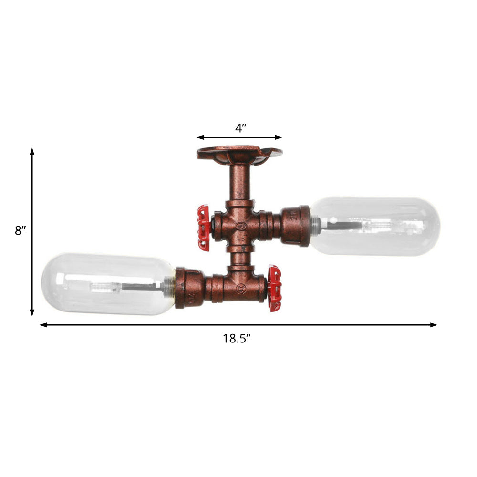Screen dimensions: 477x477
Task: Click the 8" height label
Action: [x=20, y=231]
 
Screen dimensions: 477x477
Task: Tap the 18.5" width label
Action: [x=237, y=339]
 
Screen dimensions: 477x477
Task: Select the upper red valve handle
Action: [x=204, y=228]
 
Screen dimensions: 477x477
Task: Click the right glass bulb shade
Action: [x=375, y=226]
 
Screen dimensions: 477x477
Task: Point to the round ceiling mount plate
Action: [x=239, y=154]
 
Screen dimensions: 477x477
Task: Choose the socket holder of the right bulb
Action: [x=296, y=226]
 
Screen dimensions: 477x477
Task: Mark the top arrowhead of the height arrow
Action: [x=32, y=151]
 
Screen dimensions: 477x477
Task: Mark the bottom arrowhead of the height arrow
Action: [x=32, y=313]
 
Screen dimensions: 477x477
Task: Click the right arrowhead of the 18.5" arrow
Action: [x=434, y=325]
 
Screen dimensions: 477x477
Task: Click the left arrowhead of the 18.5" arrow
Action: [x=42, y=325]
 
